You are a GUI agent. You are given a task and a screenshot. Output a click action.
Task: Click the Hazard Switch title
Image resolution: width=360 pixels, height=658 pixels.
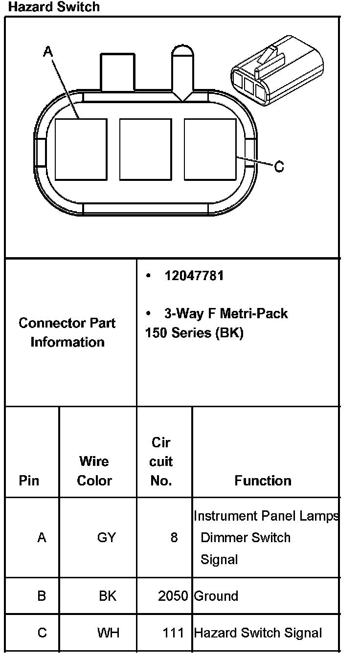(x=54, y=7)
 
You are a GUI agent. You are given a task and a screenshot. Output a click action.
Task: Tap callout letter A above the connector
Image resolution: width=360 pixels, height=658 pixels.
(x=47, y=51)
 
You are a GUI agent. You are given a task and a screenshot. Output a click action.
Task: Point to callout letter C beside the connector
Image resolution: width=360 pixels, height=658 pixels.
(x=279, y=167)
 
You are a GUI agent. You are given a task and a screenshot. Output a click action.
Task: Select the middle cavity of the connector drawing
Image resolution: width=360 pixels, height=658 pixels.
(x=145, y=149)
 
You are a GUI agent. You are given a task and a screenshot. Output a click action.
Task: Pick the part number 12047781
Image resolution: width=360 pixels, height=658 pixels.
(x=194, y=276)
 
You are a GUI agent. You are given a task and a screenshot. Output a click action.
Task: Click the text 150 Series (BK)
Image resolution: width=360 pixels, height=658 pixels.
(x=194, y=333)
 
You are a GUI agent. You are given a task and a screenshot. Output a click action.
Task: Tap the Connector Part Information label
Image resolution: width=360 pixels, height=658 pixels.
(x=67, y=332)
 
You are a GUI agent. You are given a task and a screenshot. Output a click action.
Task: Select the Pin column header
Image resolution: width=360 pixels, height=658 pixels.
(x=29, y=481)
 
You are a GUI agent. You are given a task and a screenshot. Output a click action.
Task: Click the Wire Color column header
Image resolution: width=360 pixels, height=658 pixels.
(x=94, y=471)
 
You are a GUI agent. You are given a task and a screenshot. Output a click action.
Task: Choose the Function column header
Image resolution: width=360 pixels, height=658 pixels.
(x=263, y=481)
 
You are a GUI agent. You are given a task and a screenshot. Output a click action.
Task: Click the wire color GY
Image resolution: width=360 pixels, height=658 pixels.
(x=106, y=538)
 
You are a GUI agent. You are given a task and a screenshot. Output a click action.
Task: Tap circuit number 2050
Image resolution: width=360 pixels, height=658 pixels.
(x=173, y=596)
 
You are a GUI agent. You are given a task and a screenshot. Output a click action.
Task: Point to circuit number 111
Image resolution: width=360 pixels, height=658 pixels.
(x=173, y=633)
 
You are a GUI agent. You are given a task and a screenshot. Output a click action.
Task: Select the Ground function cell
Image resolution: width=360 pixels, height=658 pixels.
(x=216, y=596)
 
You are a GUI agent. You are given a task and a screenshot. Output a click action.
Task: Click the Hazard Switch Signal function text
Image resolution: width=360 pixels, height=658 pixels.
(x=258, y=633)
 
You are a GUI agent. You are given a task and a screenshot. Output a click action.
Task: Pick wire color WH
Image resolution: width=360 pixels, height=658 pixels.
(x=108, y=633)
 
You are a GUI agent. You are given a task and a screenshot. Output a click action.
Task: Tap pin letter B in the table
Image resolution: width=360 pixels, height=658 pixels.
(x=42, y=596)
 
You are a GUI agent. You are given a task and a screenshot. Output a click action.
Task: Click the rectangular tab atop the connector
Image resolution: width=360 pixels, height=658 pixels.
(x=117, y=72)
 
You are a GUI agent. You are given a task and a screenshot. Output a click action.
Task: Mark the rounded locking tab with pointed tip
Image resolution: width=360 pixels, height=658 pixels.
(x=183, y=71)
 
